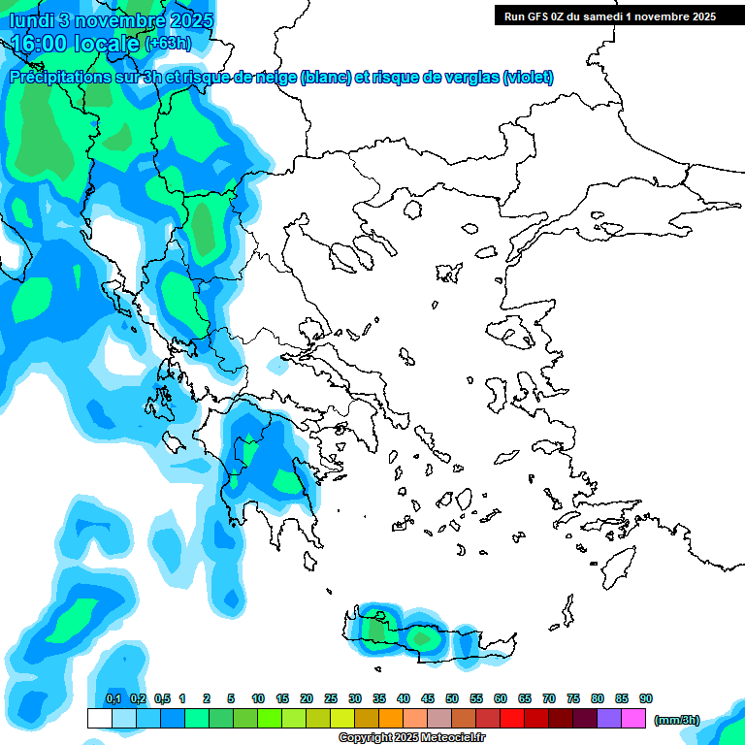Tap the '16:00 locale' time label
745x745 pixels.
[x=76, y=44]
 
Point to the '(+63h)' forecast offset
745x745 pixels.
[x=168, y=44]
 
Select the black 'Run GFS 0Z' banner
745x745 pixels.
[x=605, y=16]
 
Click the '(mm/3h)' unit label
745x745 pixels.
[x=676, y=720]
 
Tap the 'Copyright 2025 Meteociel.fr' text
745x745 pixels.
[x=411, y=738]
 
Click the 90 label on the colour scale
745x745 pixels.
[x=646, y=699]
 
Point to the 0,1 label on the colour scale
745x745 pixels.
[x=113, y=699]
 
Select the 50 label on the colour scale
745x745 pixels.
[x=452, y=699]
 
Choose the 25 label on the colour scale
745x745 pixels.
[x=331, y=699]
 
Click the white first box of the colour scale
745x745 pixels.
[x=100, y=719]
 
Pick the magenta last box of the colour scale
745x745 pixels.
[x=633, y=719]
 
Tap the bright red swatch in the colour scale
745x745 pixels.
[x=512, y=719]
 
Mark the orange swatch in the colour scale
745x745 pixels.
[x=391, y=719]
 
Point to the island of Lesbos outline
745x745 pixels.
[x=516, y=333]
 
